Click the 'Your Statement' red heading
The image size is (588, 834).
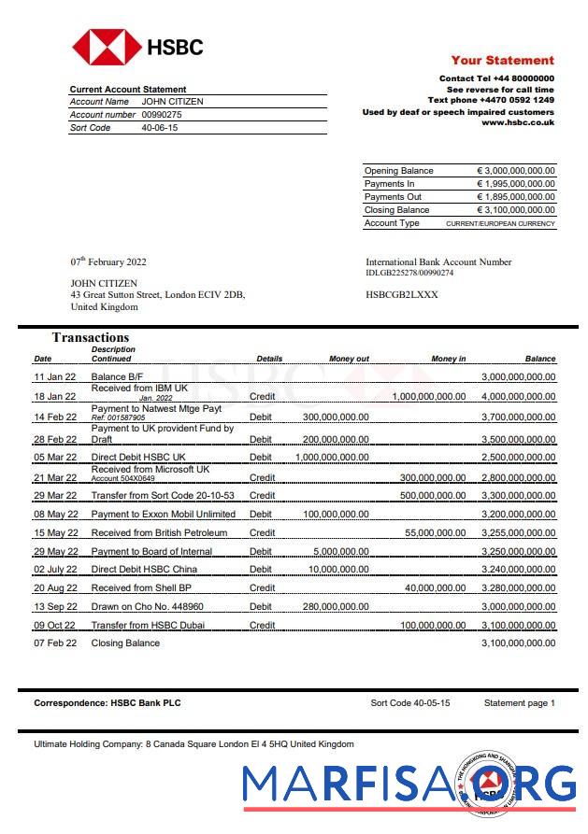[502, 60]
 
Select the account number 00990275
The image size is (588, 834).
[162, 115]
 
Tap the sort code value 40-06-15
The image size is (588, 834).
[159, 128]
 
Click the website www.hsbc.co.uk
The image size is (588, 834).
[517, 122]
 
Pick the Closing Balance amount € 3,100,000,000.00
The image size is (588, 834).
[516, 210]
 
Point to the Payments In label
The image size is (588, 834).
[390, 184]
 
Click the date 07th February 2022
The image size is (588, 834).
[108, 262]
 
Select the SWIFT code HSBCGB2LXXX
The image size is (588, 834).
[401, 294]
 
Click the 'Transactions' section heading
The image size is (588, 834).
[91, 337]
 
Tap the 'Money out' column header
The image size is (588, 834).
[349, 359]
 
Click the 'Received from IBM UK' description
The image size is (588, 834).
[138, 388]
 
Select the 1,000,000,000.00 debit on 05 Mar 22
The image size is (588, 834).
[332, 458]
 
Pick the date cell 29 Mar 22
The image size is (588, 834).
[56, 495]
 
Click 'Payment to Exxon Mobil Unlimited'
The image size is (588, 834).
[163, 514]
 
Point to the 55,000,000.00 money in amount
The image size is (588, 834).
[435, 532]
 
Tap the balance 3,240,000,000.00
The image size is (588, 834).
[518, 569]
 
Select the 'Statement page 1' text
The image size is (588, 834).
[519, 702]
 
